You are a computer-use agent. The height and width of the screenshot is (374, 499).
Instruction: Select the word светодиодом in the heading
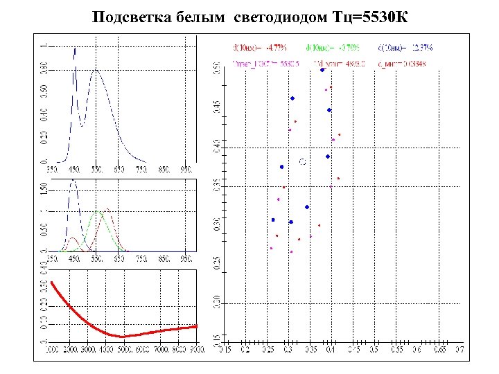[267, 17]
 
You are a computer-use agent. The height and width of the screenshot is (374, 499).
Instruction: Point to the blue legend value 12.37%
[420, 48]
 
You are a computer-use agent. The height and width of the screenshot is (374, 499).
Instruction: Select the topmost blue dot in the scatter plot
[322, 70]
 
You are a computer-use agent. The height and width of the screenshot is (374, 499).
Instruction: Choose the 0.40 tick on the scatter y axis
[216, 147]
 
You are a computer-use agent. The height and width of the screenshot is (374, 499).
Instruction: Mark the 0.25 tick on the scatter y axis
[216, 264]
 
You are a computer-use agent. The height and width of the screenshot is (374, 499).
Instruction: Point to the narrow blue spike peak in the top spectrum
[75, 48]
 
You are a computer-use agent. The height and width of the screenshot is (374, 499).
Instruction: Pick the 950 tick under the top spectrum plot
[186, 168]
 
